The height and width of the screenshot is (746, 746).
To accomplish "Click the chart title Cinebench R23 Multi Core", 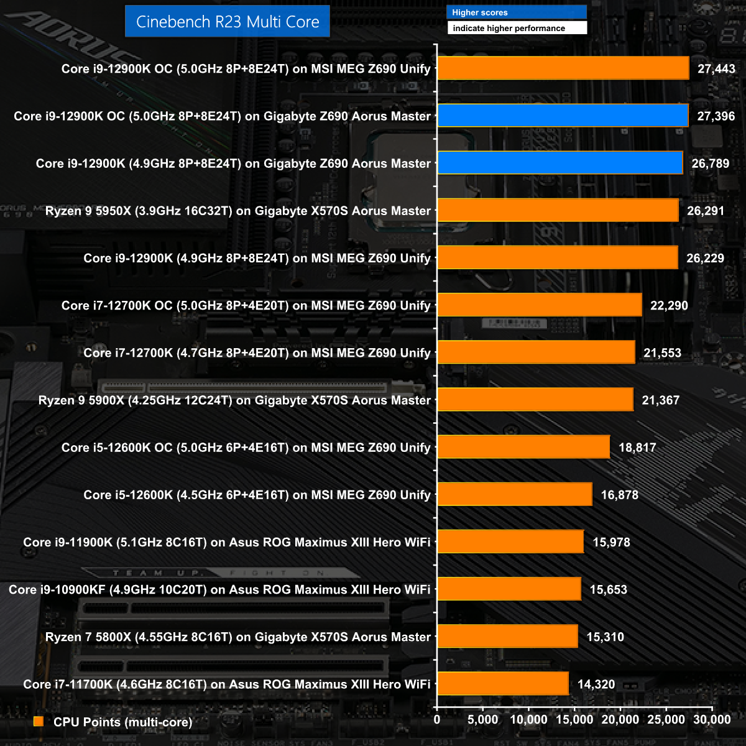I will (x=228, y=22).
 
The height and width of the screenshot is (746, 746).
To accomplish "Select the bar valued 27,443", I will (x=563, y=68).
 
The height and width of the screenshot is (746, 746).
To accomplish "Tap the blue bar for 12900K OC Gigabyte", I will (x=563, y=116).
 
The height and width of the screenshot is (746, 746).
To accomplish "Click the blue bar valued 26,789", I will (x=560, y=163).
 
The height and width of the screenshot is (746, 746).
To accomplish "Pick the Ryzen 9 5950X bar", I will (x=558, y=211).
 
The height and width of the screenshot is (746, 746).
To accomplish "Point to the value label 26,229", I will (x=705, y=258).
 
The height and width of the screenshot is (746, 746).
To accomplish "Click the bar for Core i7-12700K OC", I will (x=540, y=305).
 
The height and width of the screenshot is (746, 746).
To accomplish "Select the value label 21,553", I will (x=662, y=352).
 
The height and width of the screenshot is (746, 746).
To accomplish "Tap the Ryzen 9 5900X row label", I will (x=234, y=400).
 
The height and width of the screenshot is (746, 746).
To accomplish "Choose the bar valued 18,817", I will (x=523, y=448).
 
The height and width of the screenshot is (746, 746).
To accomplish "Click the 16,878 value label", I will (x=619, y=495).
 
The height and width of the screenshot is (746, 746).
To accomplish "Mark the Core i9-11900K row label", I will (x=227, y=542).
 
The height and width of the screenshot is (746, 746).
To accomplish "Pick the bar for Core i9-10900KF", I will (x=509, y=589).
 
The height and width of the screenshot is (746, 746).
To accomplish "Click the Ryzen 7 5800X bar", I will (x=507, y=637).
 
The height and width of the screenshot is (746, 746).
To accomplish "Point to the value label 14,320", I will (x=596, y=684).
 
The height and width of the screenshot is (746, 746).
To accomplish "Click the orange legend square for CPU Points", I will (x=39, y=721).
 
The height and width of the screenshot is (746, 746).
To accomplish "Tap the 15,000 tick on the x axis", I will (x=574, y=720).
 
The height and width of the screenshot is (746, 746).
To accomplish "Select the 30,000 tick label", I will (x=712, y=720).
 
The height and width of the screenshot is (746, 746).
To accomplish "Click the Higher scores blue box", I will (x=516, y=12).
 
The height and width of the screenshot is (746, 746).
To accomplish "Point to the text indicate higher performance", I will (x=516, y=28).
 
